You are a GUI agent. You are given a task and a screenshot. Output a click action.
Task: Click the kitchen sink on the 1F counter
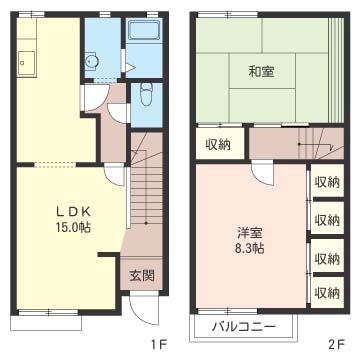coord(26,67)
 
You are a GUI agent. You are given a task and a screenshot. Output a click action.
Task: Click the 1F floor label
coord(157,345)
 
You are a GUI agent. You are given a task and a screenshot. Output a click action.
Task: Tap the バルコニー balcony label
coord(245,326)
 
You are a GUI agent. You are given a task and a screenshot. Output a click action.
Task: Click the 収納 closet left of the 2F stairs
coord(219,144)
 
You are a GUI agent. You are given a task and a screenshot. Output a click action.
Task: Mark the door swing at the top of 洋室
coord(261,172)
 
